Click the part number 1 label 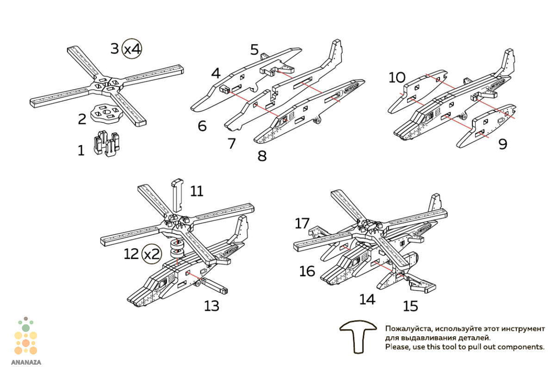(81, 150)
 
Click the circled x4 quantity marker (132, 49)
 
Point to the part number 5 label (255, 50)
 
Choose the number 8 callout (262, 156)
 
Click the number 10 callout (397, 78)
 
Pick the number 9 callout (502, 144)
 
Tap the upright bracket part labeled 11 (178, 195)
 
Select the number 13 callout (211, 306)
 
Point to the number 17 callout (302, 223)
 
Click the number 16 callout (307, 271)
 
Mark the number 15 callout (411, 306)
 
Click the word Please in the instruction (396, 347)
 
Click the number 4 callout (216, 73)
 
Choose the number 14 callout (367, 299)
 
